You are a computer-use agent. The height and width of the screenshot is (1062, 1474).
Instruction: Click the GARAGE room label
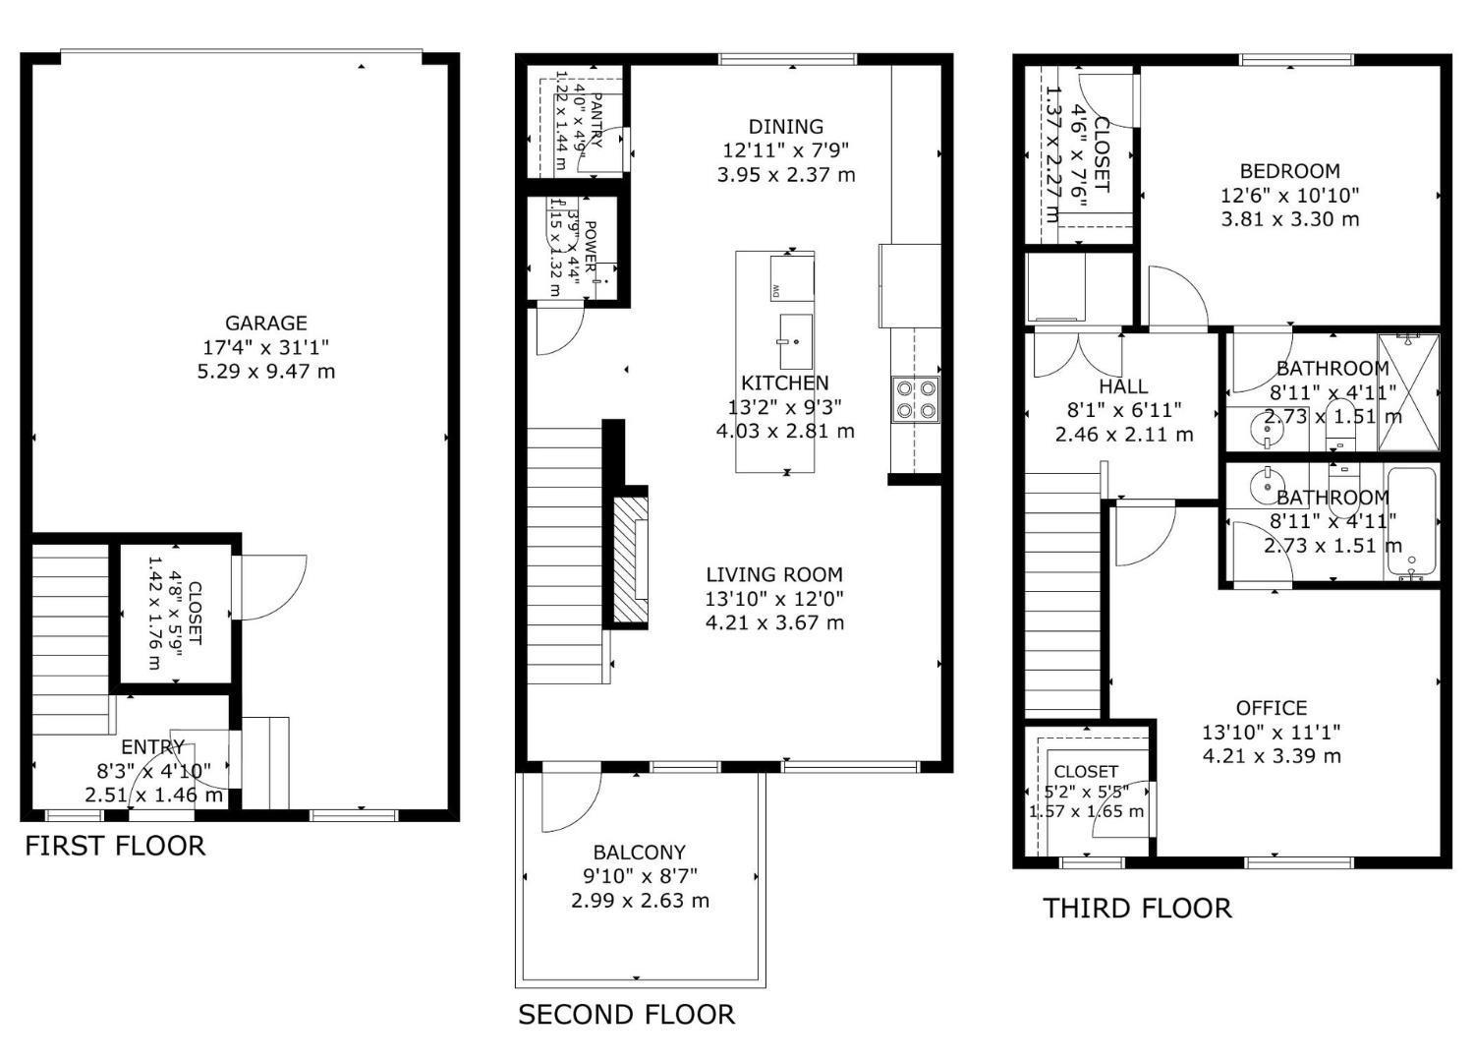point(266,323)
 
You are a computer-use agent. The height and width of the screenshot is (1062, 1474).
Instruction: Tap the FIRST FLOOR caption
point(115,846)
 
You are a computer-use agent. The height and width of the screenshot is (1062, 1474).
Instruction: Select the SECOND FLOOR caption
point(626,1015)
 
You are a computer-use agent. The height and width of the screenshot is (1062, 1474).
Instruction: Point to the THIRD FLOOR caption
point(1137,908)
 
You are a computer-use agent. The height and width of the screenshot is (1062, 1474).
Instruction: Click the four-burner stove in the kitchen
point(915,399)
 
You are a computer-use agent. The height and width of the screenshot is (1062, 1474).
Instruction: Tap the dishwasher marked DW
point(791,277)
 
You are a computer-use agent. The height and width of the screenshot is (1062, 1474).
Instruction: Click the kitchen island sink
point(796,329)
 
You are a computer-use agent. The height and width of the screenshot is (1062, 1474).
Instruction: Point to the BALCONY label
point(639,853)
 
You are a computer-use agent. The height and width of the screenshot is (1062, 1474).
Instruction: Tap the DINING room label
point(785,127)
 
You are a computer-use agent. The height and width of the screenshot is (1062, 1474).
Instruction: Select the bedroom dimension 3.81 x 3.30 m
point(1289,219)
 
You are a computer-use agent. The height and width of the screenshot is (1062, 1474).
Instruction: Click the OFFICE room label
point(1271,708)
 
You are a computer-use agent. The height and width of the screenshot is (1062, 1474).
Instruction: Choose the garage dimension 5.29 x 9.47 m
point(266,372)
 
